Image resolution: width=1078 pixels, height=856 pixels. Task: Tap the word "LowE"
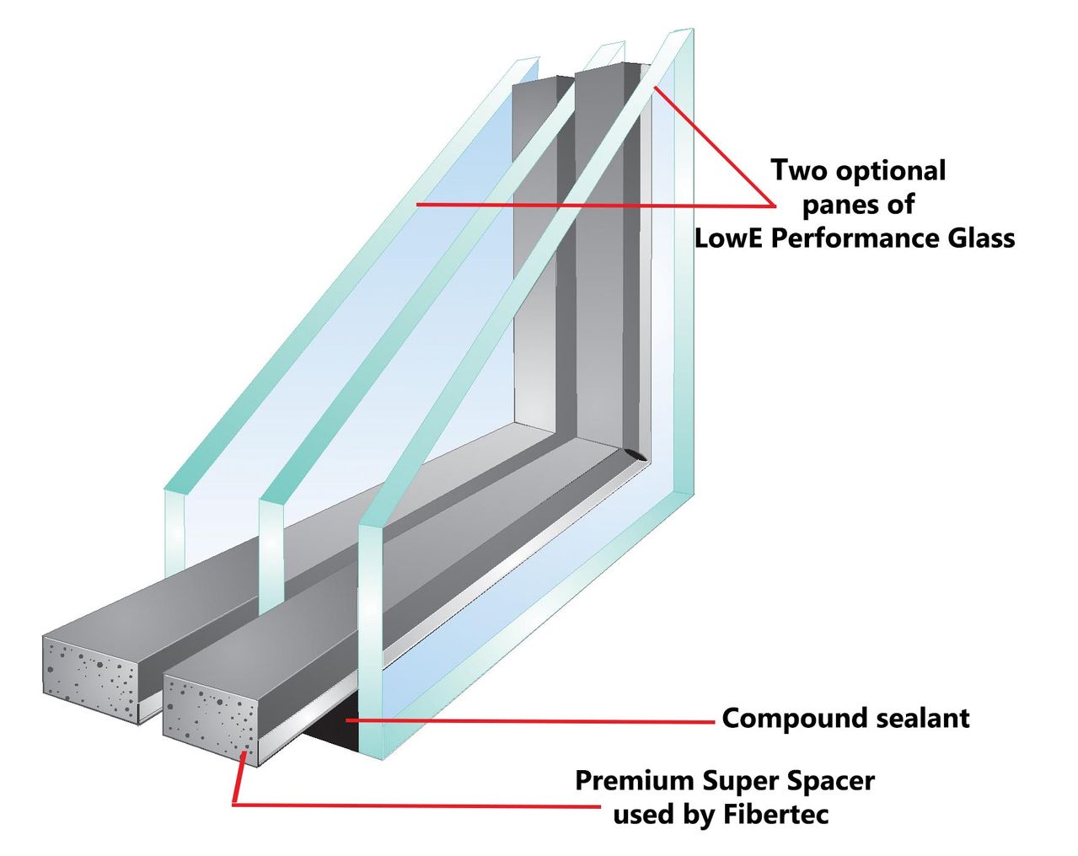[729, 238]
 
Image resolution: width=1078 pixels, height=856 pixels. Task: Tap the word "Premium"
[634, 781]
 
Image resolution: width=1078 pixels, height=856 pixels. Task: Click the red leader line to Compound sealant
[531, 721]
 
